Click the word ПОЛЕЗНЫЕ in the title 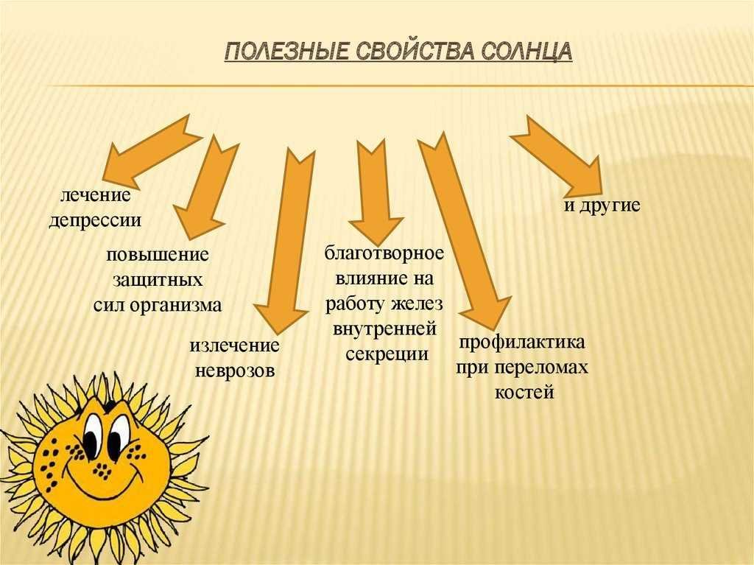click(286, 52)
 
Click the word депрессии click(95, 220)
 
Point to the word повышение click(158, 255)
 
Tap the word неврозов click(235, 371)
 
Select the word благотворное click(384, 253)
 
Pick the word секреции click(387, 354)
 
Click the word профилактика click(522, 343)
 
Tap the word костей click(524, 392)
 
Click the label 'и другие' click(602, 206)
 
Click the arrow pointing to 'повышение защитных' click(205, 186)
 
